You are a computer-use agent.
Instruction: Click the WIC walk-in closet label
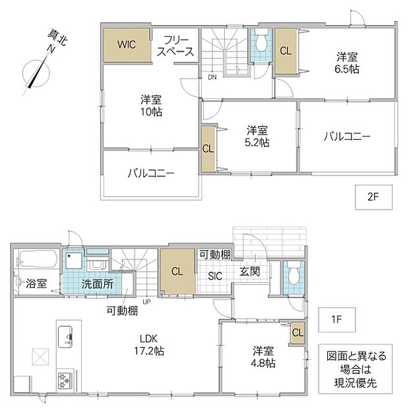(127, 44)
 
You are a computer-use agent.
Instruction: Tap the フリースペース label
(175, 46)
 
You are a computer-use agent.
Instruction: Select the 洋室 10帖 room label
(151, 106)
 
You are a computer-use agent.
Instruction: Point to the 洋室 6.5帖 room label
(347, 63)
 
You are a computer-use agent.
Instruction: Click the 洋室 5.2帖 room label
(257, 136)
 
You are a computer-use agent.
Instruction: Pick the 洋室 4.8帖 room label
(263, 357)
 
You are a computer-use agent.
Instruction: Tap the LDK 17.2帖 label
(149, 345)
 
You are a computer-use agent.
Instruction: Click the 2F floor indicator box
(373, 197)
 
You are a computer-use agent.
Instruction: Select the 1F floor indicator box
(336, 319)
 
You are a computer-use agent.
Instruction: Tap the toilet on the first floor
(294, 274)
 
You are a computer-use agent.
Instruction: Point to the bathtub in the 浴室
(38, 259)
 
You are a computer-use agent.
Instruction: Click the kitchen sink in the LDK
(65, 336)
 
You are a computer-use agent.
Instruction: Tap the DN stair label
(212, 77)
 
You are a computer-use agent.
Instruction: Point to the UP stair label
(146, 302)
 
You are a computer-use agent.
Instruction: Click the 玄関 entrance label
(250, 272)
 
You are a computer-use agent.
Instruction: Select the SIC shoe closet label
(215, 276)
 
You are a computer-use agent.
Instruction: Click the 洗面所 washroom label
(98, 284)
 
